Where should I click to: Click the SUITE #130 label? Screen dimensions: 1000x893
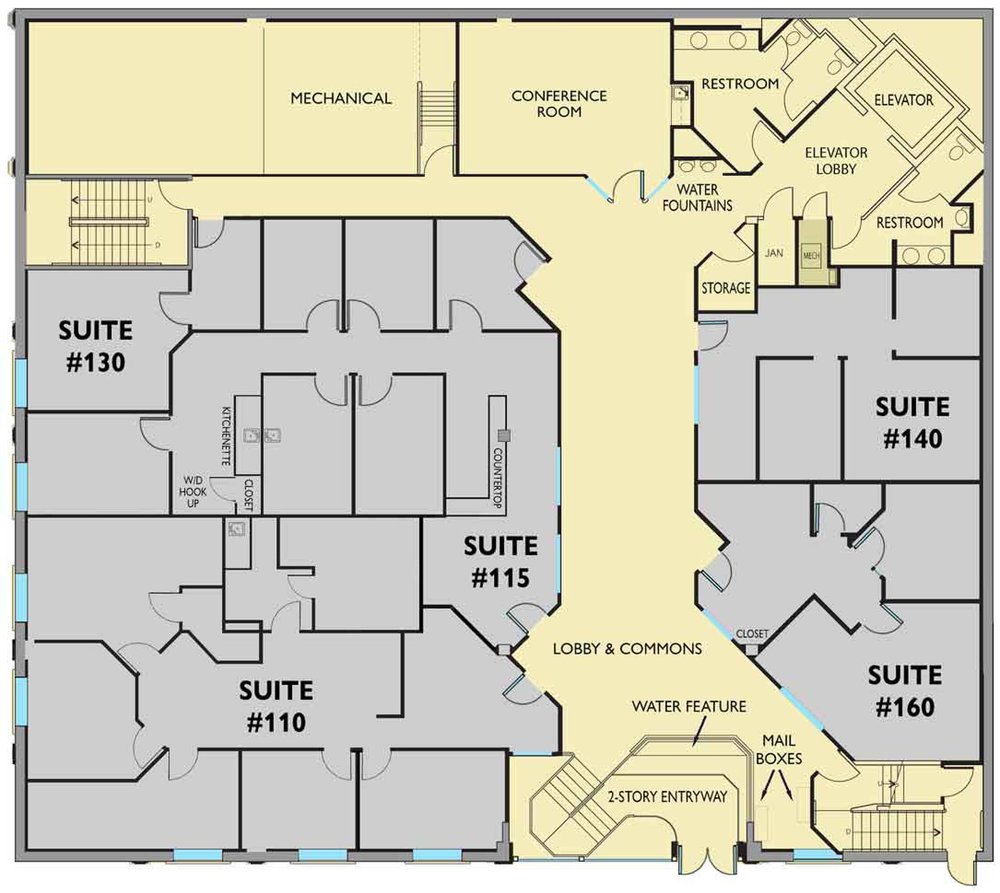(x=96, y=346)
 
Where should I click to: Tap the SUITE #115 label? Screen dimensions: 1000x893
(x=501, y=562)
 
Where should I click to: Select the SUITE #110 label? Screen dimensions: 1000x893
(x=277, y=706)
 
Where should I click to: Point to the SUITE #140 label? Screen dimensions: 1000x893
(x=912, y=422)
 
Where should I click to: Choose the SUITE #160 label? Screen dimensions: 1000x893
(x=905, y=691)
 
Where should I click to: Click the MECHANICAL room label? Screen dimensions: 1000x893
(x=341, y=98)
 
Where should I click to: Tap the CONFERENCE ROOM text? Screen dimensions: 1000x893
(x=559, y=104)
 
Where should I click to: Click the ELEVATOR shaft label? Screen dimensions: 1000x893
(x=904, y=100)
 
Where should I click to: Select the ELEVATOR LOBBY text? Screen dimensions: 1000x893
(x=836, y=161)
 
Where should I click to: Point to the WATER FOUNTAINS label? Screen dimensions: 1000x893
(x=697, y=197)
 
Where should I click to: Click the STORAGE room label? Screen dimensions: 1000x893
(x=726, y=288)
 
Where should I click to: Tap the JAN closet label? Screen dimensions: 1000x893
(x=774, y=253)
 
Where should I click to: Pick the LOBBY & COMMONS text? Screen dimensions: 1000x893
(x=627, y=649)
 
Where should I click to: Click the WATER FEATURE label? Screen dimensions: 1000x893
(x=688, y=706)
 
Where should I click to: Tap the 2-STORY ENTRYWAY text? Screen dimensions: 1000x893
(x=667, y=797)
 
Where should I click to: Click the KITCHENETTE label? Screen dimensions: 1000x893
(x=227, y=435)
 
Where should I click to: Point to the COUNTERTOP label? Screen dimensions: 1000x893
(x=497, y=478)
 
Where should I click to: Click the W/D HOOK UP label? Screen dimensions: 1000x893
(x=193, y=492)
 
